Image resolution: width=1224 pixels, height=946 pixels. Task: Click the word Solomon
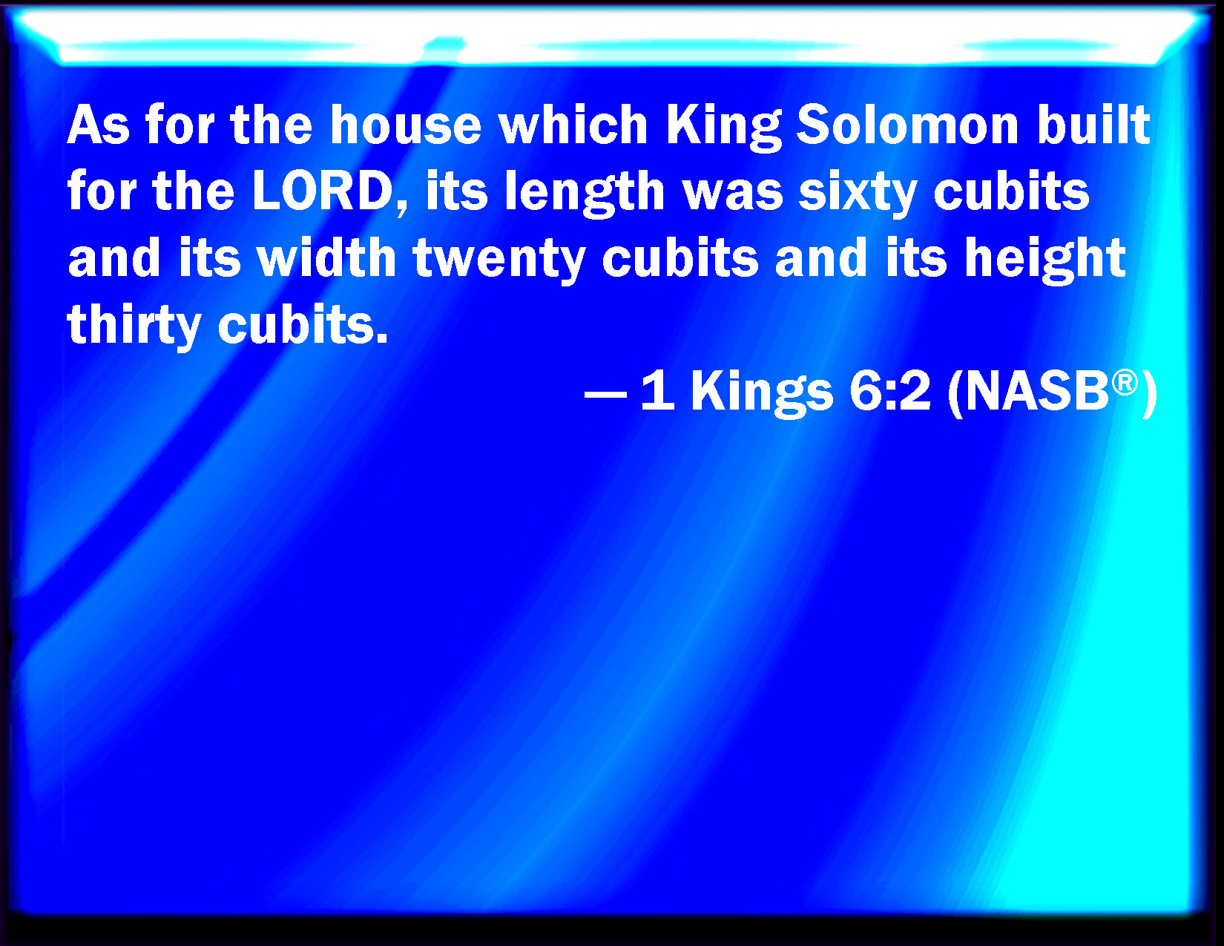(x=907, y=125)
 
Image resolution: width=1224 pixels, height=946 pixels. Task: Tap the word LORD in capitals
(x=323, y=191)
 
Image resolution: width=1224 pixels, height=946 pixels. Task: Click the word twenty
(x=499, y=261)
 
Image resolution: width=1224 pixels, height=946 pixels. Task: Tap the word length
(x=585, y=194)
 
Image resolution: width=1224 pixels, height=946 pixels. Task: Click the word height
(x=1045, y=261)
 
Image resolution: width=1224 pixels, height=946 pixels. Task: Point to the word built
(x=1094, y=125)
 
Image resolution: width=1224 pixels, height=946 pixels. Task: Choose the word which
(x=573, y=125)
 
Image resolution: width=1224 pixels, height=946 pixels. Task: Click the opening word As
(x=99, y=125)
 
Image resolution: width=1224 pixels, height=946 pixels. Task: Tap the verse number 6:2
(x=890, y=392)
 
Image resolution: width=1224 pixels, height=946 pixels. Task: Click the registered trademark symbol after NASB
(x=1125, y=383)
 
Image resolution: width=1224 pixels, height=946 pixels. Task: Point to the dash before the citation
(x=605, y=395)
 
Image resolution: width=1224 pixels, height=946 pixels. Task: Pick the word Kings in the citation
(x=762, y=395)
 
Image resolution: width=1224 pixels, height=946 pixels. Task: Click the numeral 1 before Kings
(x=659, y=392)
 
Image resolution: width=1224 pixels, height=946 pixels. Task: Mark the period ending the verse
(x=382, y=338)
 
